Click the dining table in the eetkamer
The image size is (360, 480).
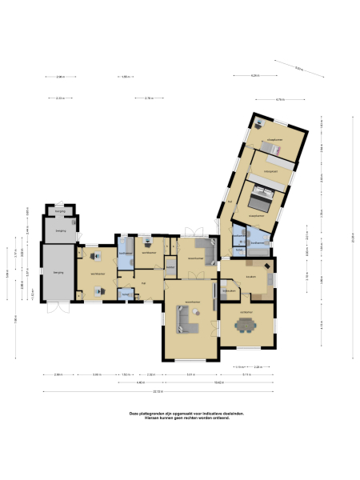point(246,325)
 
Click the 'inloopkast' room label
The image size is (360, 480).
point(270,170)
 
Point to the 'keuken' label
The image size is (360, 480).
point(250,277)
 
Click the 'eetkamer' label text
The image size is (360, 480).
point(247,311)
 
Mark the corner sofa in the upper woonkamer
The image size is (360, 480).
point(206,250)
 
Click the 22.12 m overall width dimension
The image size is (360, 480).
point(159,392)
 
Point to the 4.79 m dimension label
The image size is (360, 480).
point(280,99)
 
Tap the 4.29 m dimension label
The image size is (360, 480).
point(254,75)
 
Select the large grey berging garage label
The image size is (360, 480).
point(58,273)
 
